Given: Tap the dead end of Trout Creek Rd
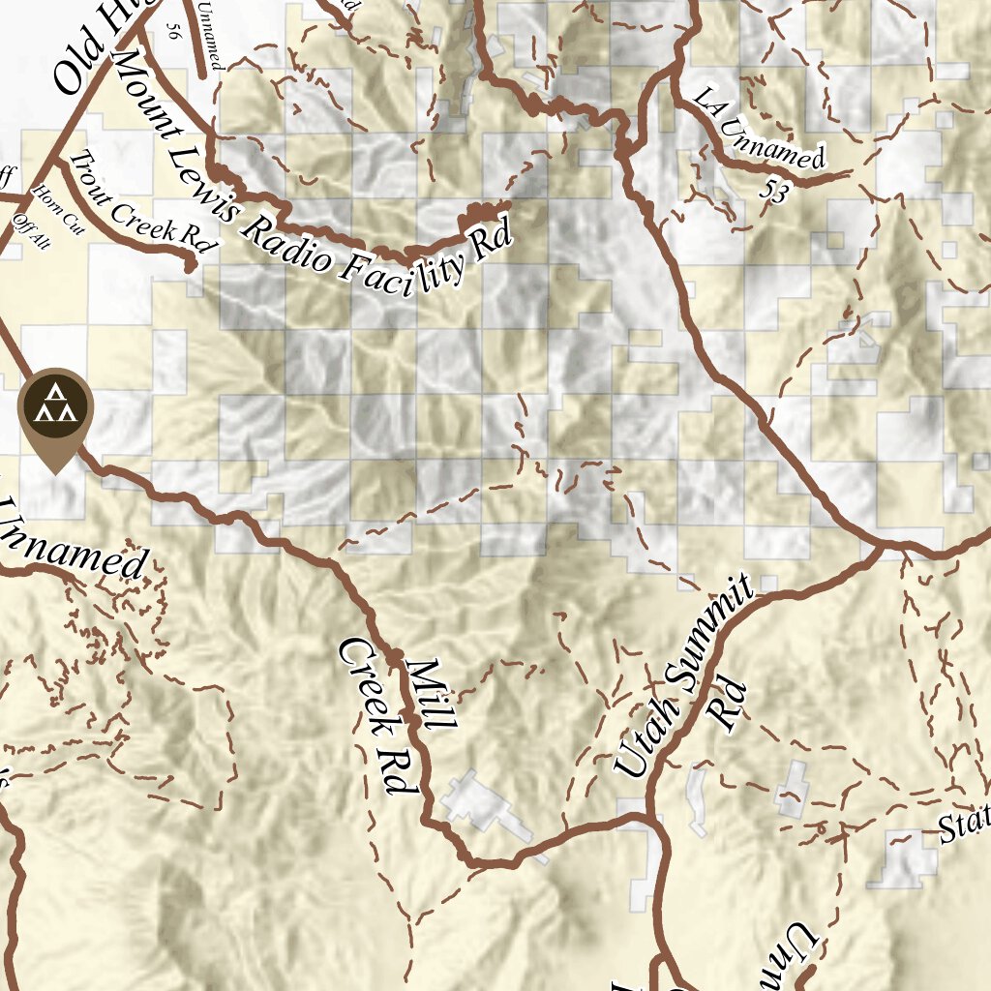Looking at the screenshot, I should tap(191, 261).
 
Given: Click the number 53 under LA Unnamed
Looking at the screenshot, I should tap(773, 192).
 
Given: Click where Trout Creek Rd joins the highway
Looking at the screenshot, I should tap(60, 161).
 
